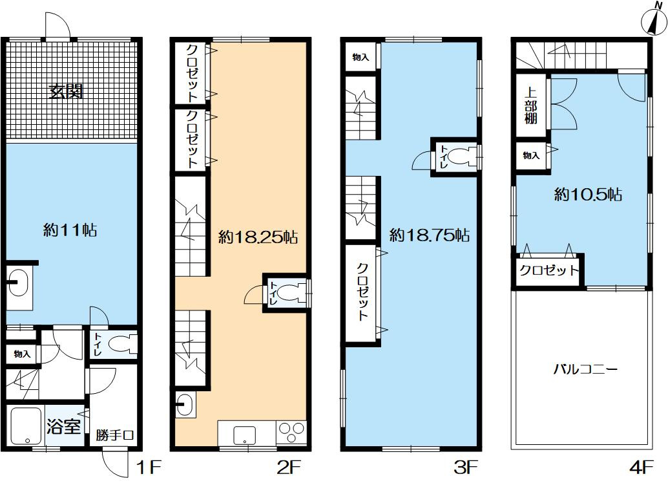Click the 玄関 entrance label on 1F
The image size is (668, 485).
pyautogui.click(x=65, y=92)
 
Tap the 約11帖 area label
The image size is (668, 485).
pyautogui.click(x=70, y=230)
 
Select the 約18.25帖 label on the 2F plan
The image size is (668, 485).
pyautogui.click(x=258, y=237)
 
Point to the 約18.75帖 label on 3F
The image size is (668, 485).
pyautogui.click(x=430, y=235)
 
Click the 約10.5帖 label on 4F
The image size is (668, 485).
pyautogui.click(x=588, y=195)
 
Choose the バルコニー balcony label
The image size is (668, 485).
pyautogui.click(x=585, y=369)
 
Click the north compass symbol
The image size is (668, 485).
pyautogui.click(x=654, y=21)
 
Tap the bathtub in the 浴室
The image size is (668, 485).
pyautogui.click(x=26, y=426)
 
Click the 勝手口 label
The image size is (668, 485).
pyautogui.click(x=115, y=435)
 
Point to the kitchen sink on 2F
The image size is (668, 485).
pyautogui.click(x=245, y=435)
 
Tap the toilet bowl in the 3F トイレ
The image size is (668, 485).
pyautogui.click(x=461, y=156)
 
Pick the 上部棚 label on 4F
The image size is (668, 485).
pyautogui.click(x=530, y=105)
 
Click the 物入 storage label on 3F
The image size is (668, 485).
pyautogui.click(x=360, y=57)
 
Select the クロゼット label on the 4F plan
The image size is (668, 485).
pyautogui.click(x=549, y=270)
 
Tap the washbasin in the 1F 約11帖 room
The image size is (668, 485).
pyautogui.click(x=18, y=283)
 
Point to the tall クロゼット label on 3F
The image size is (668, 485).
pyautogui.click(x=362, y=292)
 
